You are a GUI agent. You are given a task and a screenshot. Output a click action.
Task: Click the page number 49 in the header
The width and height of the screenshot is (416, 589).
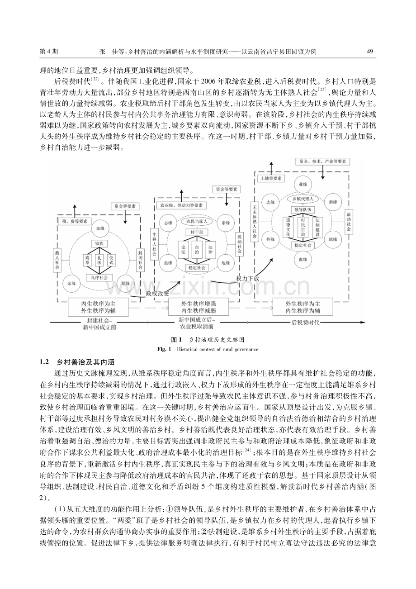click(369, 51)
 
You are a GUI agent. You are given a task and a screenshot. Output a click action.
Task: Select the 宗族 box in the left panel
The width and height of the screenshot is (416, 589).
click(99, 244)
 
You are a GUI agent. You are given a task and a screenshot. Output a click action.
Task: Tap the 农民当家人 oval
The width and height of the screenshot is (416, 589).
click(197, 221)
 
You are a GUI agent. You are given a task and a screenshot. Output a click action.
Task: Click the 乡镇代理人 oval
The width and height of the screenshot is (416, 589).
click(303, 199)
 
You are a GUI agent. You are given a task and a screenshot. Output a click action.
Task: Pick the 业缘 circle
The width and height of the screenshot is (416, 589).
click(303, 184)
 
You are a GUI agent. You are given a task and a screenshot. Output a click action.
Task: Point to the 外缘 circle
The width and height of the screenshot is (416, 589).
click(270, 239)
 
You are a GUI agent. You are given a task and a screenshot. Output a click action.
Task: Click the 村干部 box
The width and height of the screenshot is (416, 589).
click(197, 232)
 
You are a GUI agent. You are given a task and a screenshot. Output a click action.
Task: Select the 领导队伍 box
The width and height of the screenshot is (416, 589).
click(303, 209)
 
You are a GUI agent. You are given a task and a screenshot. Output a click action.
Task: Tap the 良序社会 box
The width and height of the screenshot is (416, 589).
click(99, 277)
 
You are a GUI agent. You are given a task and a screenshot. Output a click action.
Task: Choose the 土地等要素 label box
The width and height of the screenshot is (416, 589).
click(271, 178)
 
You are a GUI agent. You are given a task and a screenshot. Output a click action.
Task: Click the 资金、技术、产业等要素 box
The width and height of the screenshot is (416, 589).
click(322, 161)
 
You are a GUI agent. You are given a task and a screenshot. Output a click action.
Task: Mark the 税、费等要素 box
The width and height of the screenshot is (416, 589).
click(75, 221)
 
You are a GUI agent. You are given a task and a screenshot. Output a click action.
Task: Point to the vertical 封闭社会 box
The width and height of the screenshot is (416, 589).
click(140, 260)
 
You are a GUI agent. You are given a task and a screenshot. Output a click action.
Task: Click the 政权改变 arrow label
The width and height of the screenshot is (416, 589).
click(157, 294)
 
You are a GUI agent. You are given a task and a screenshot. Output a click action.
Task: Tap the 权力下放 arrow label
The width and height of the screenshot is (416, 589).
click(247, 279)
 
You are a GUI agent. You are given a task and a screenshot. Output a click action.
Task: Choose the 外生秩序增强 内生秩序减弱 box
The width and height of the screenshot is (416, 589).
click(199, 307)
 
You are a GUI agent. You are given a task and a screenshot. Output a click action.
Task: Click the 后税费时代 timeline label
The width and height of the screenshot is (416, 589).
click(305, 323)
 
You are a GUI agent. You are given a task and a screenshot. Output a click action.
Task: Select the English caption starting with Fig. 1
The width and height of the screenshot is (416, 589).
click(208, 349)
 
